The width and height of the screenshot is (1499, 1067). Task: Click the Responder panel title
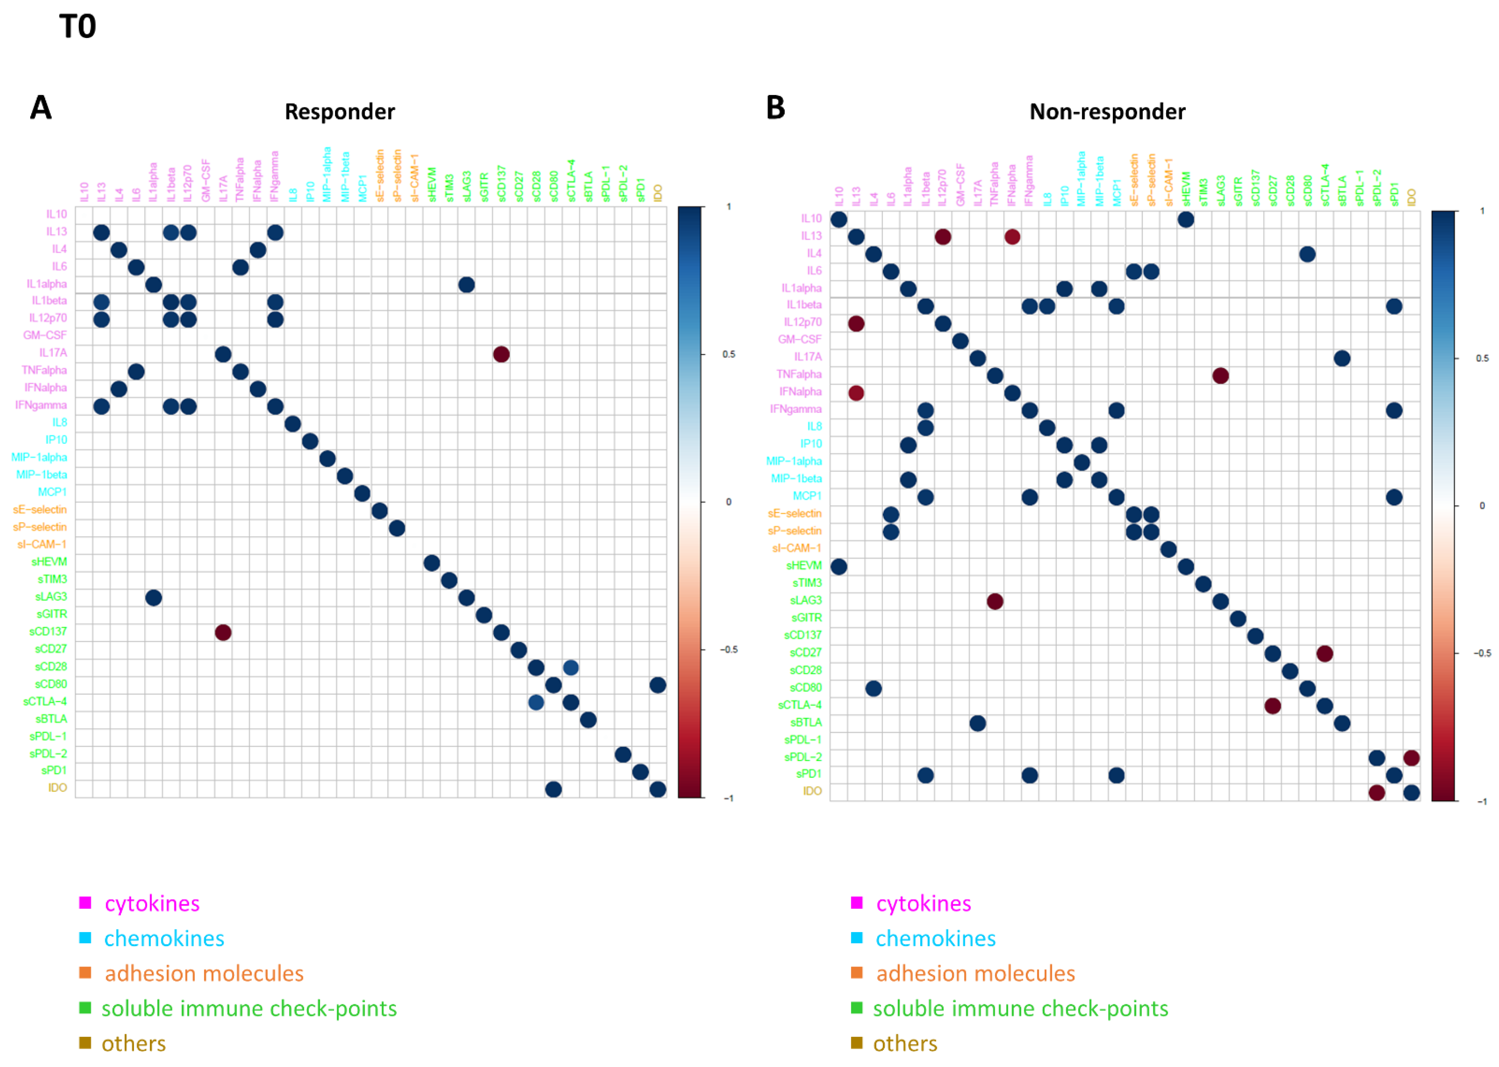click(339, 112)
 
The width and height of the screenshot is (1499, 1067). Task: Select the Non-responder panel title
click(1107, 112)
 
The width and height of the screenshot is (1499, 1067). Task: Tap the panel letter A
click(41, 107)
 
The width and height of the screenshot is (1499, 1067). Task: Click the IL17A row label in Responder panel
click(52, 353)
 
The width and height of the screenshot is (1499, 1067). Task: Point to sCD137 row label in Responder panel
click(48, 631)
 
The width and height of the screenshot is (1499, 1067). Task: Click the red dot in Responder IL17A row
click(501, 354)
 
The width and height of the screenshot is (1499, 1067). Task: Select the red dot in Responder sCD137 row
click(223, 633)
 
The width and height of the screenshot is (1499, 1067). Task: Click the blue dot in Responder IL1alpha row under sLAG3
click(467, 284)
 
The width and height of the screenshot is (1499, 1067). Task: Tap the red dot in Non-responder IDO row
click(1377, 792)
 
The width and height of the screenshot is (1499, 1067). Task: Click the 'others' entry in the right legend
click(905, 1043)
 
